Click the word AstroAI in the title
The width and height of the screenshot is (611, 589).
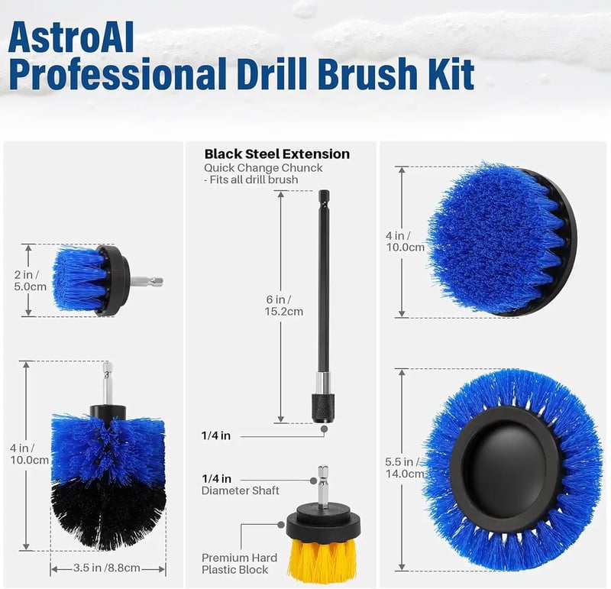[71, 37]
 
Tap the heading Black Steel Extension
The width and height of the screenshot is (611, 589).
[277, 154]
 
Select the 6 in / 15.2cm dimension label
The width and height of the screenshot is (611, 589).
[283, 306]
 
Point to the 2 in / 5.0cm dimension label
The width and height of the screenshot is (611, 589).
[30, 280]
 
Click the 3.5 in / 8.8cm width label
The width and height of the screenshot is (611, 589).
[107, 568]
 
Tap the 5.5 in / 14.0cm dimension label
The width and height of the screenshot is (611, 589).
[405, 468]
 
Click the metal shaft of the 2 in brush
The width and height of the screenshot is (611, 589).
[147, 280]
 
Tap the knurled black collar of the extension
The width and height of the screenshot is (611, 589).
[323, 408]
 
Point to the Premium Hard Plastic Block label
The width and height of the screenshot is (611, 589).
[239, 564]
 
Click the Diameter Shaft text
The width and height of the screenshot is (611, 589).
[240, 490]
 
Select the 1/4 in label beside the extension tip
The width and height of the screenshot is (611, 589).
[216, 435]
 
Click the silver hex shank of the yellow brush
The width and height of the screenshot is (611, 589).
[323, 486]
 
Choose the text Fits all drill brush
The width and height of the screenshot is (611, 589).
[254, 180]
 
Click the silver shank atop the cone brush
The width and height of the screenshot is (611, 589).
[108, 383]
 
